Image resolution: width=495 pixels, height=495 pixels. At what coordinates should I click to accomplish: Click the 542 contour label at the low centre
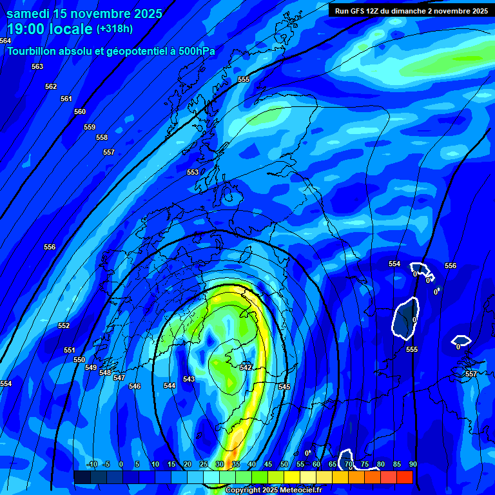point(246,367)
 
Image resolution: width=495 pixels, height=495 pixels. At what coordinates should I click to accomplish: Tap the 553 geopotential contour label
point(193,172)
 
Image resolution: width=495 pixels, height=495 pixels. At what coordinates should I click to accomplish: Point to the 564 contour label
point(6,41)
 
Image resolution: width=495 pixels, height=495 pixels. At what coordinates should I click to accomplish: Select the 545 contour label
point(284,387)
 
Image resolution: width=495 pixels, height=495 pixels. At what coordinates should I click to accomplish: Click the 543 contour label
point(189,379)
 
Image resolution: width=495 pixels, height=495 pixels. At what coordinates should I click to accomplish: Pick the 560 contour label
point(80,112)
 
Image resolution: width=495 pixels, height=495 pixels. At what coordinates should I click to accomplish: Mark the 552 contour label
point(64,325)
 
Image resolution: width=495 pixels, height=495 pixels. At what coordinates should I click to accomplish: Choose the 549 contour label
point(91,367)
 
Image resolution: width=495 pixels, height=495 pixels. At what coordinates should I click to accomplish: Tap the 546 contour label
point(135,386)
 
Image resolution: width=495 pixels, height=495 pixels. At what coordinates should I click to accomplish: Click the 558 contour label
point(102,137)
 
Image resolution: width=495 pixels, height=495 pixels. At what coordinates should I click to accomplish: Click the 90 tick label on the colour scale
point(412,464)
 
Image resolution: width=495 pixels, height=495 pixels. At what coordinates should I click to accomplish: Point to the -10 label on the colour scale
point(92,464)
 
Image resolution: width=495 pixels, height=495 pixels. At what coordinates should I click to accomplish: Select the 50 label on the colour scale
point(284,464)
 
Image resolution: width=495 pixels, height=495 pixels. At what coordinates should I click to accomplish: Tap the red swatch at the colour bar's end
point(404,477)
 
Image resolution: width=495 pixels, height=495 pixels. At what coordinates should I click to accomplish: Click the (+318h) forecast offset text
point(115,28)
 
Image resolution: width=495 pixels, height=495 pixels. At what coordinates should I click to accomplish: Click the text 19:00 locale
point(50,28)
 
